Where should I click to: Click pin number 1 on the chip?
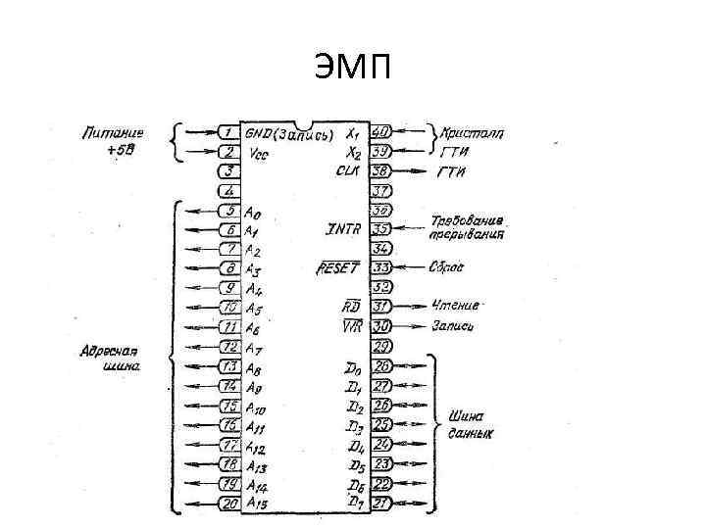click(x=227, y=132)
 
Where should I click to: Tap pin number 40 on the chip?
click(x=381, y=131)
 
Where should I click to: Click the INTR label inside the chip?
click(x=343, y=229)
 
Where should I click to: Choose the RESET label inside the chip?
click(x=338, y=267)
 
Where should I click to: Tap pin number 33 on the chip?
click(x=381, y=267)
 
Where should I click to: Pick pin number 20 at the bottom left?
click(x=227, y=504)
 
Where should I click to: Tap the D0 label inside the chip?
click(x=352, y=366)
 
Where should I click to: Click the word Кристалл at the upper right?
click(x=472, y=131)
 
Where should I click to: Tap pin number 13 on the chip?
click(x=227, y=366)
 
